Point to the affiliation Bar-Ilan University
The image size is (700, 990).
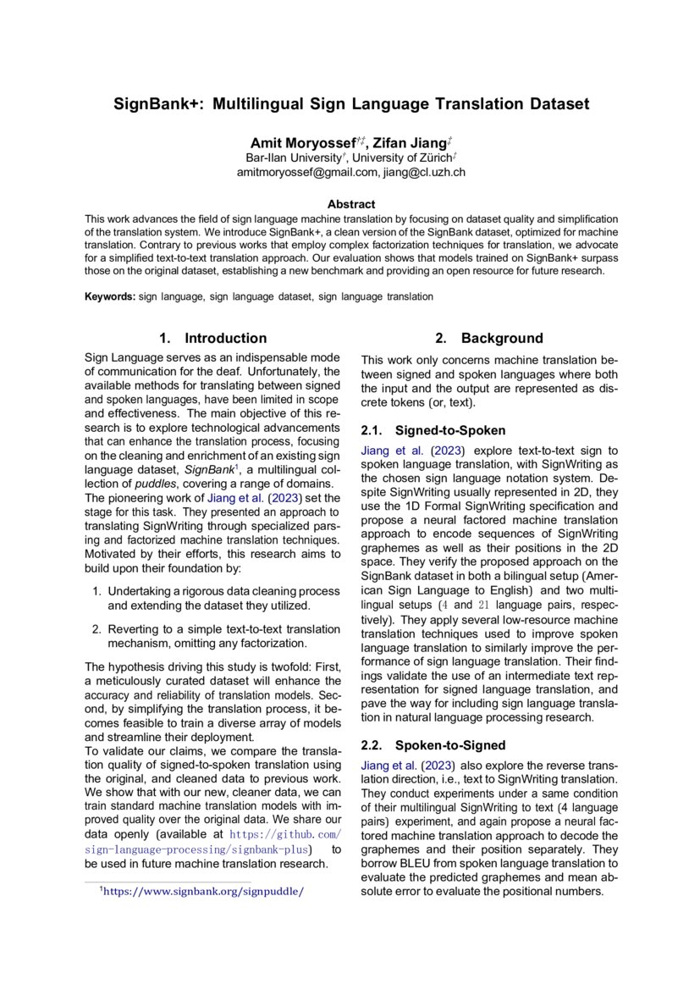(293, 158)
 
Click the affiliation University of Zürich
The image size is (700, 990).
(405, 158)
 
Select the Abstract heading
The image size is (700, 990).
(350, 204)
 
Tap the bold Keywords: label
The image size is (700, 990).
(109, 297)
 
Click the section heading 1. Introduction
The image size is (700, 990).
(212, 338)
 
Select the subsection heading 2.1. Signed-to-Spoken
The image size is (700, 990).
(433, 429)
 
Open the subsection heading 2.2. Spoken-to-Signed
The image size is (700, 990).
(433, 745)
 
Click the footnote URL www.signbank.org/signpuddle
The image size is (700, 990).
(202, 891)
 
